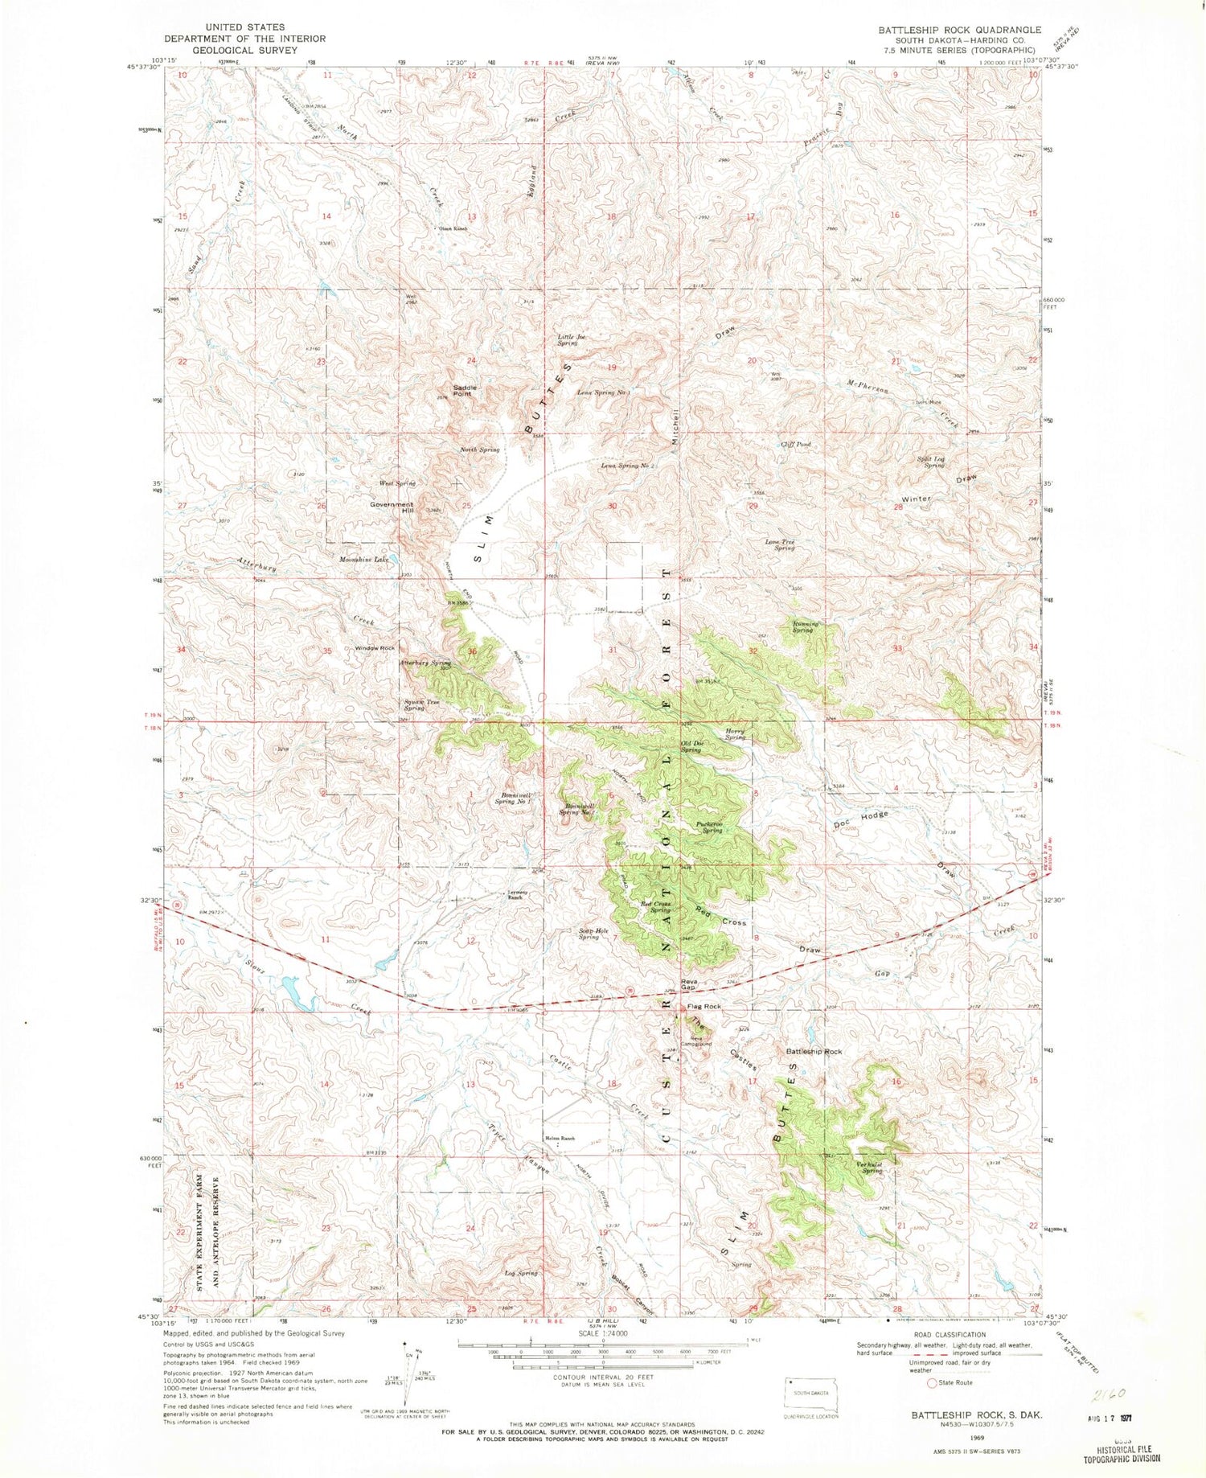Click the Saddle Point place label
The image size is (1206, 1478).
[465, 391]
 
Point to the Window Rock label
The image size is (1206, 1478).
[375, 648]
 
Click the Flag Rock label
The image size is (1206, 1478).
[703, 1007]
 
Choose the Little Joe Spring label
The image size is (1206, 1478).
[568, 340]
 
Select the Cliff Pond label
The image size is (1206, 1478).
[795, 444]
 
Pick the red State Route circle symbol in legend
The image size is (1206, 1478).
[933, 1383]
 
